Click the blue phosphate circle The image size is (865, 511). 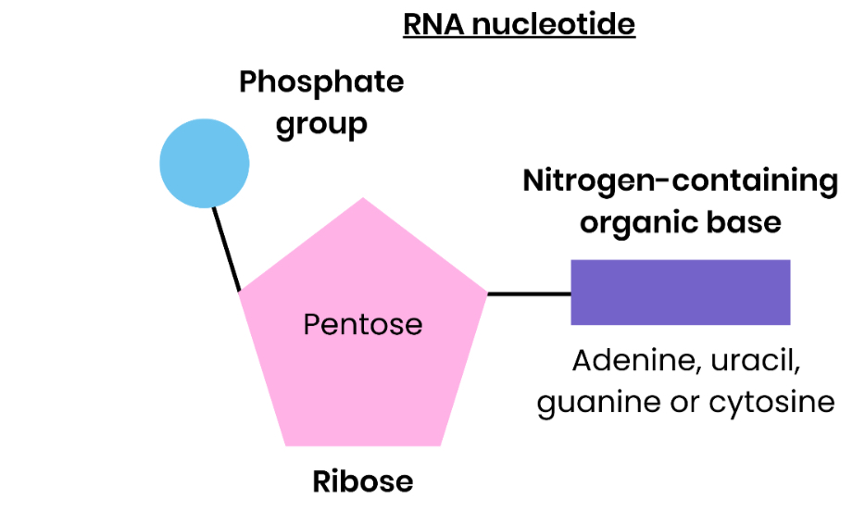tap(205, 163)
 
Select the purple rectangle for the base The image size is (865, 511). tap(680, 293)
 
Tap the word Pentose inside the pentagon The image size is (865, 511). tap(362, 325)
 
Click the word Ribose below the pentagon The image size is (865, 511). tap(362, 481)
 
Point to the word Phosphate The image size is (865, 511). tap(321, 82)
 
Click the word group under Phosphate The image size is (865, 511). tap(321, 124)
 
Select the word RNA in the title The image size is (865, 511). tap(432, 24)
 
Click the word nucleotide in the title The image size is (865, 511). tap(554, 24)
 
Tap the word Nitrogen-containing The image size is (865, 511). tap(680, 181)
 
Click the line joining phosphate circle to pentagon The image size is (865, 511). tap(226, 248)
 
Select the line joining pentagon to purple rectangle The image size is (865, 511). tap(528, 294)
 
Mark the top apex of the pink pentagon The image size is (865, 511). tap(363, 199)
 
